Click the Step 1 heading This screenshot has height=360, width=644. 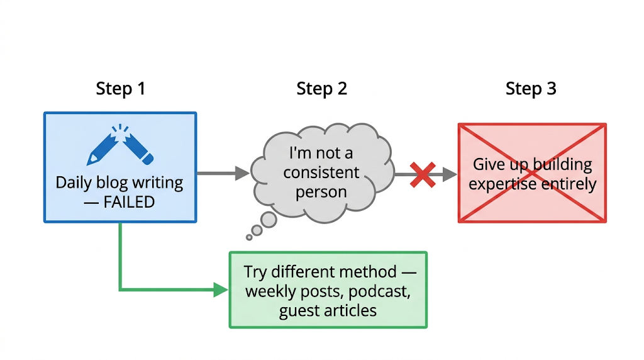click(120, 89)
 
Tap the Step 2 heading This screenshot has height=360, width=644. click(321, 89)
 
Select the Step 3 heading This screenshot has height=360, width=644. click(531, 89)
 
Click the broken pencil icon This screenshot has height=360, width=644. click(119, 146)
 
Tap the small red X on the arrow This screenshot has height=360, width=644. click(423, 174)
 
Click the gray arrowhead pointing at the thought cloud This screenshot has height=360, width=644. click(242, 173)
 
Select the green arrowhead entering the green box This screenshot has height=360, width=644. click(221, 290)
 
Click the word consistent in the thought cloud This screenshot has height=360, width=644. click(321, 172)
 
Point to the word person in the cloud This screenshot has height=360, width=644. click(321, 192)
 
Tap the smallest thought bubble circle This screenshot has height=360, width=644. click(249, 237)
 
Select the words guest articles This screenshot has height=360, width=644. click(328, 310)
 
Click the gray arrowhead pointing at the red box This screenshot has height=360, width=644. click(450, 174)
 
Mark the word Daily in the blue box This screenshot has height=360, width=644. click(73, 183)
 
